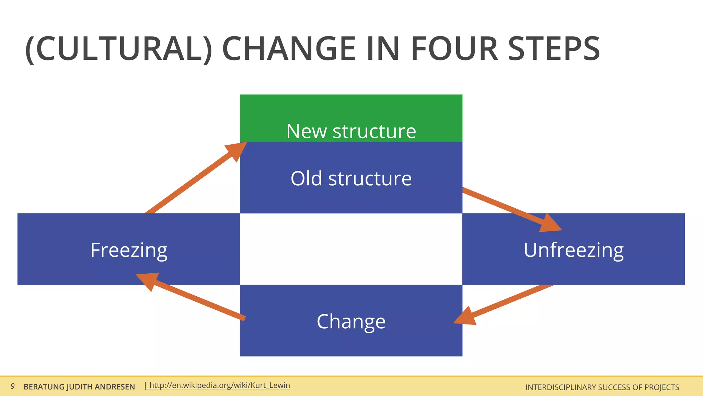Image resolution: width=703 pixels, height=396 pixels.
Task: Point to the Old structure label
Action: pos(351,178)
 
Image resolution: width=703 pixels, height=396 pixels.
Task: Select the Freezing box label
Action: pos(129,250)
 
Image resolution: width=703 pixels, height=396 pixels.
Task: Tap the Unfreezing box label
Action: pos(573,250)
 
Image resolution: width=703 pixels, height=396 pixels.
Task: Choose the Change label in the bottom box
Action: pos(351,321)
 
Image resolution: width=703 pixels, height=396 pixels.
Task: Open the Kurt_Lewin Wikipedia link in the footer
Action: pos(220,385)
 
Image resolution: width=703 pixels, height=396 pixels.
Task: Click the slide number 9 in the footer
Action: pos(12,386)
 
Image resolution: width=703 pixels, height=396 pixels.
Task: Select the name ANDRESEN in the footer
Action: pos(115,387)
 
